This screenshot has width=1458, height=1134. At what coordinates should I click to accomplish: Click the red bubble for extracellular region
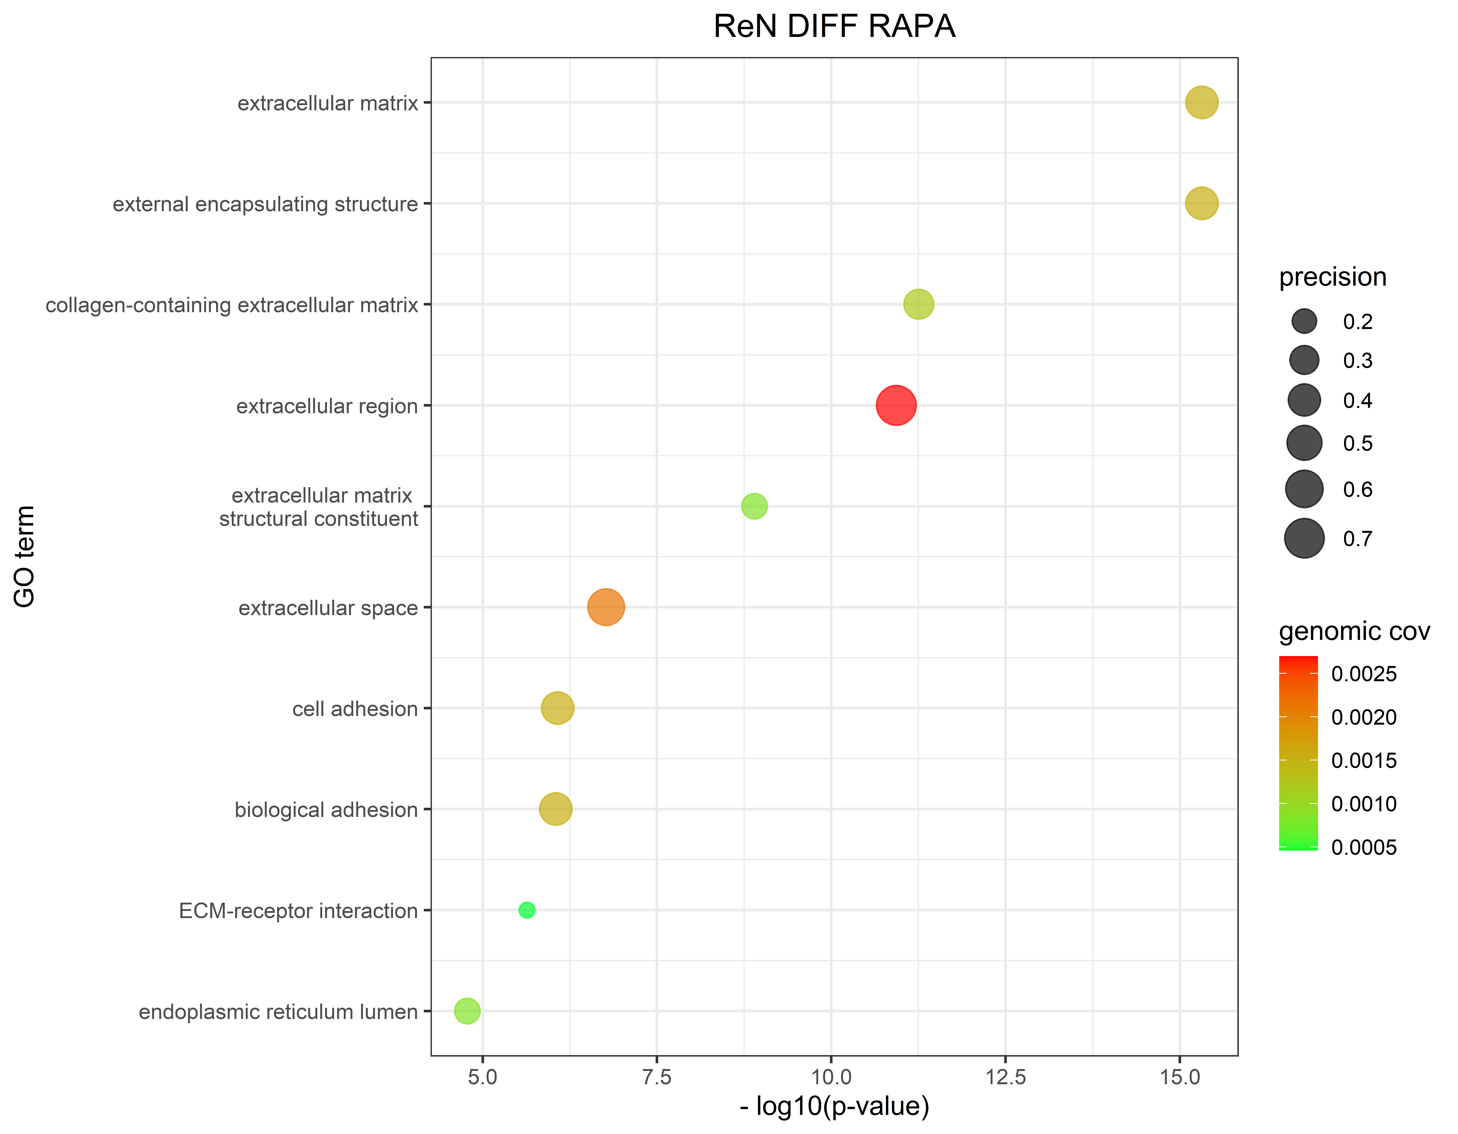[896, 405]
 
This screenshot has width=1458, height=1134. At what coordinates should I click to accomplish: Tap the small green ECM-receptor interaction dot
[527, 910]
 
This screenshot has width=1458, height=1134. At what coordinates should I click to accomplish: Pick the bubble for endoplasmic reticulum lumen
[467, 1011]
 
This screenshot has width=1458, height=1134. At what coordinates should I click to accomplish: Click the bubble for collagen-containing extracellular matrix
[919, 304]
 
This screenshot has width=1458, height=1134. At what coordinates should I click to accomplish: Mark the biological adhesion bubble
[555, 809]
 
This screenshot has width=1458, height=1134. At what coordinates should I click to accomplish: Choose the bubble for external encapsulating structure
[1202, 203]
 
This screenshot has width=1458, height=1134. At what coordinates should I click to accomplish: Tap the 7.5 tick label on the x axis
[657, 1077]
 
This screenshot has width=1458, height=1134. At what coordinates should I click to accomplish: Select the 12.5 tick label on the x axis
[1005, 1077]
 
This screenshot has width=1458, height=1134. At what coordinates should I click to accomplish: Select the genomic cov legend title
[1354, 631]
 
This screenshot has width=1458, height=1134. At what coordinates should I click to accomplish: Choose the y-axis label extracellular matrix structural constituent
[318, 507]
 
